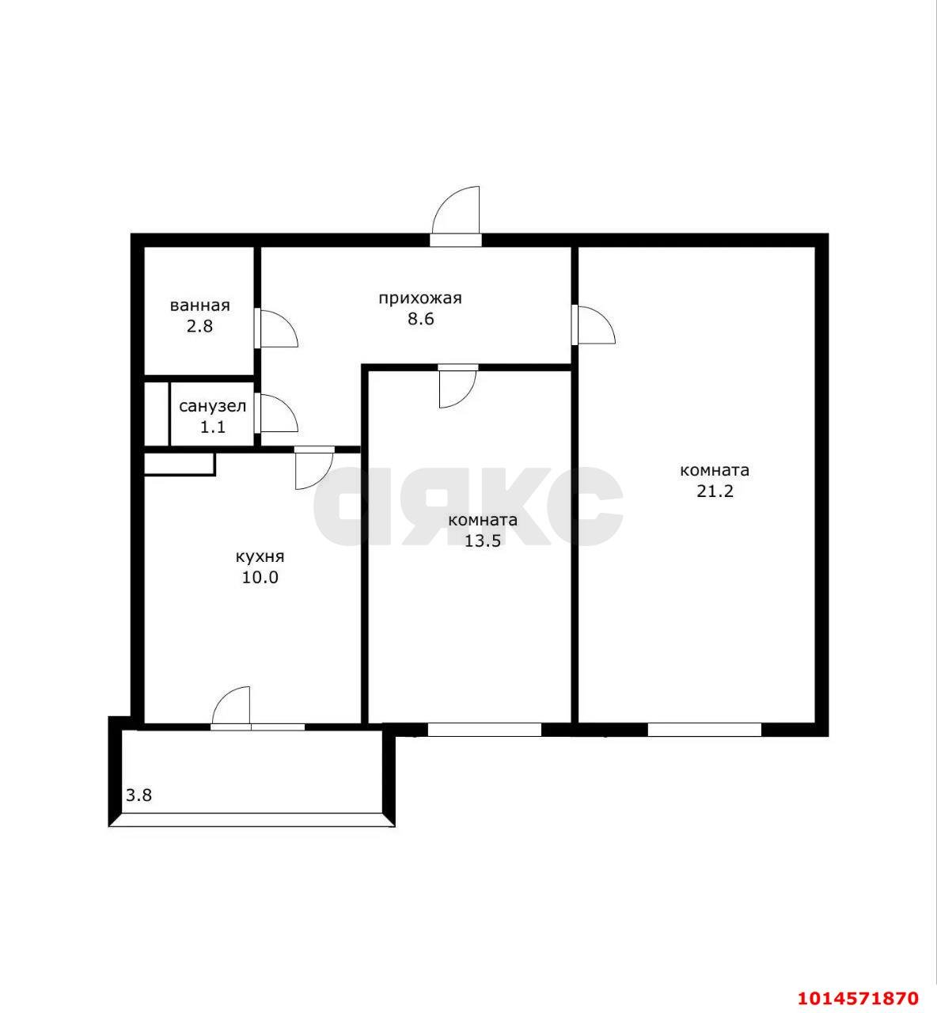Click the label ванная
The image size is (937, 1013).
(200, 305)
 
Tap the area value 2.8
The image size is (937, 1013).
(199, 326)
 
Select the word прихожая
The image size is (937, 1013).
(419, 298)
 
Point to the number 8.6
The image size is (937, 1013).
(420, 319)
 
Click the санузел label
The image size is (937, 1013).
(213, 407)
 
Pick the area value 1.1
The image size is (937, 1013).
(212, 427)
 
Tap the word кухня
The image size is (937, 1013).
(260, 556)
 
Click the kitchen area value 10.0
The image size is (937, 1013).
(260, 578)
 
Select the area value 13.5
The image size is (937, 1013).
(483, 541)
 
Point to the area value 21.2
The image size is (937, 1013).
(715, 491)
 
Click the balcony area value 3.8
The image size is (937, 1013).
(138, 795)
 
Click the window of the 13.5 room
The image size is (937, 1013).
(484, 730)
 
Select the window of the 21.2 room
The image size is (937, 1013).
(704, 730)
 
